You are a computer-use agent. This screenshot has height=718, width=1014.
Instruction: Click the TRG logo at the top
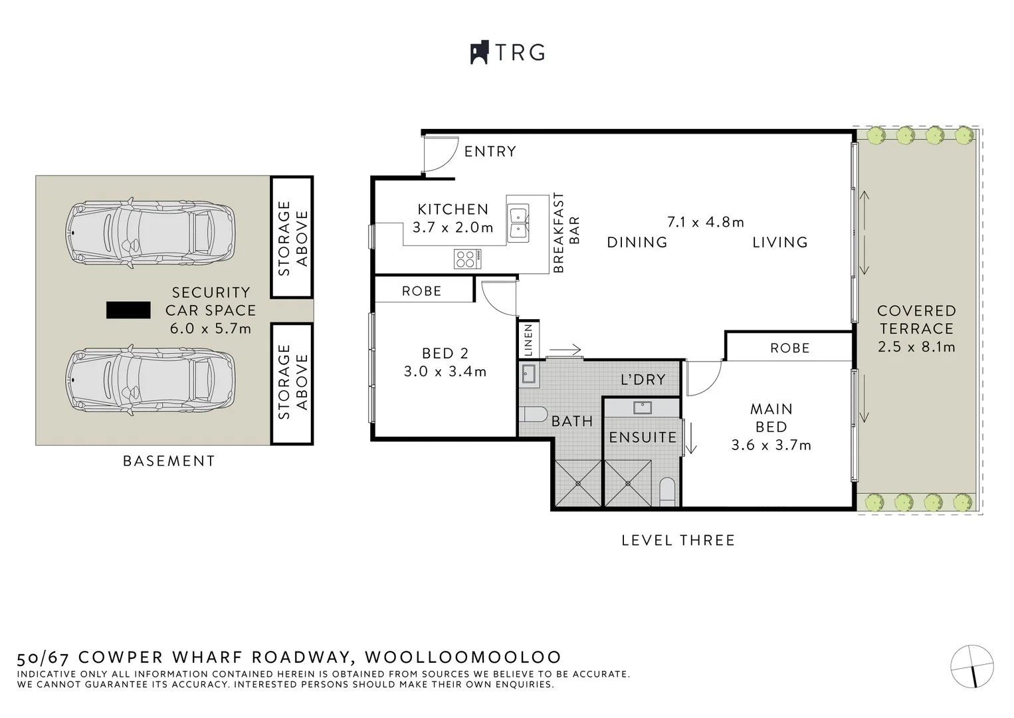[508, 53]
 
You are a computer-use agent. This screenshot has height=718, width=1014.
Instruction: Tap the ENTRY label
[490, 152]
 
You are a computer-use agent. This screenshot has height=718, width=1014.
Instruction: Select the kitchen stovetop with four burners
[468, 259]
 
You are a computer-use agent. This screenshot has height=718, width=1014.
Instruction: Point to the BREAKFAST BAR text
[565, 233]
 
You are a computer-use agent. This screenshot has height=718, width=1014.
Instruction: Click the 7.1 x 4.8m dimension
[705, 222]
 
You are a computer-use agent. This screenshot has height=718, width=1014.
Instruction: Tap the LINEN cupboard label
[528, 340]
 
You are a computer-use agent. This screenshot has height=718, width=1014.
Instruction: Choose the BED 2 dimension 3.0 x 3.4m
[445, 372]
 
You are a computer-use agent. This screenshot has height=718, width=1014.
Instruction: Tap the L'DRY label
[642, 380]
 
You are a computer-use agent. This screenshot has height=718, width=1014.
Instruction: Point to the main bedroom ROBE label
[789, 348]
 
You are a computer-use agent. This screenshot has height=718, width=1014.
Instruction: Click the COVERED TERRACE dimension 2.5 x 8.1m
[916, 346]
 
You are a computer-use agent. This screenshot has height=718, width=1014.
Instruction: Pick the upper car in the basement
[150, 233]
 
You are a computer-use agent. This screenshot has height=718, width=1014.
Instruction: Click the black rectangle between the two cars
[128, 310]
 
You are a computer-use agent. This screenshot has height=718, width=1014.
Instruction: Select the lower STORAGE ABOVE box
[292, 383]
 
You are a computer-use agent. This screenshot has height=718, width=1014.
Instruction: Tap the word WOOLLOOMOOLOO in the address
[463, 658]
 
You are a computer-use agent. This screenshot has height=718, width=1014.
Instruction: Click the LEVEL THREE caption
[678, 540]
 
